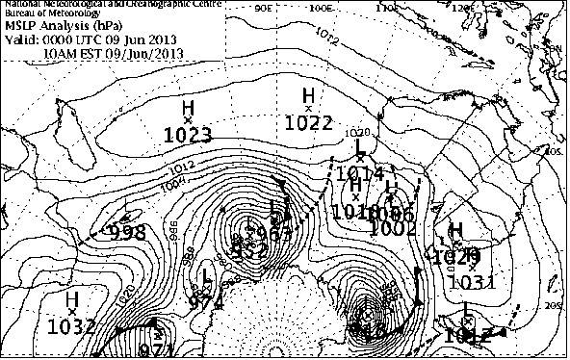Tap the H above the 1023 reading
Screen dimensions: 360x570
pyautogui.click(x=188, y=108)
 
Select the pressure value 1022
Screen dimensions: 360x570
pyautogui.click(x=309, y=122)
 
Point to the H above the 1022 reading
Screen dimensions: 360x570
pyautogui.click(x=309, y=94)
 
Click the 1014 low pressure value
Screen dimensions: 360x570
pyautogui.click(x=361, y=172)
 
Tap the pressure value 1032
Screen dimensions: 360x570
pyautogui.click(x=72, y=325)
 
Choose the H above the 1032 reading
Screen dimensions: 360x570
pyautogui.click(x=72, y=300)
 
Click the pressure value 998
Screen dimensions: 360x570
pyautogui.click(x=126, y=232)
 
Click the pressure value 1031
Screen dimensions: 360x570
pyautogui.click(x=473, y=282)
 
